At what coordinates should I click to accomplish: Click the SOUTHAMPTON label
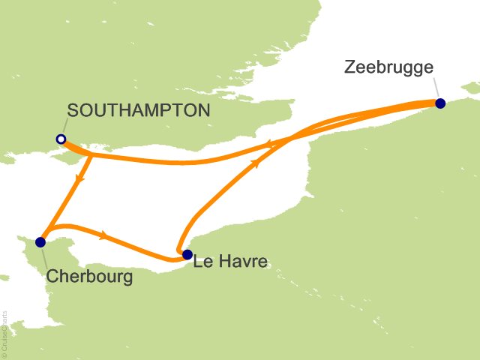[x=139, y=110]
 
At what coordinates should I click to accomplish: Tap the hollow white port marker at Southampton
[x=60, y=139]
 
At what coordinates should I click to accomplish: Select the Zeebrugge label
[x=388, y=67]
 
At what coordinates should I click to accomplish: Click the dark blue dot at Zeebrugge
[x=440, y=103]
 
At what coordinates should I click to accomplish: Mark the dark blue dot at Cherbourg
[x=40, y=241]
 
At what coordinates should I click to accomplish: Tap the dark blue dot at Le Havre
[x=187, y=254]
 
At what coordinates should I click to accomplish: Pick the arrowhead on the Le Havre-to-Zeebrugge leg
[x=257, y=163]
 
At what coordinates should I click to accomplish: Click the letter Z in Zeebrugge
[x=349, y=67]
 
